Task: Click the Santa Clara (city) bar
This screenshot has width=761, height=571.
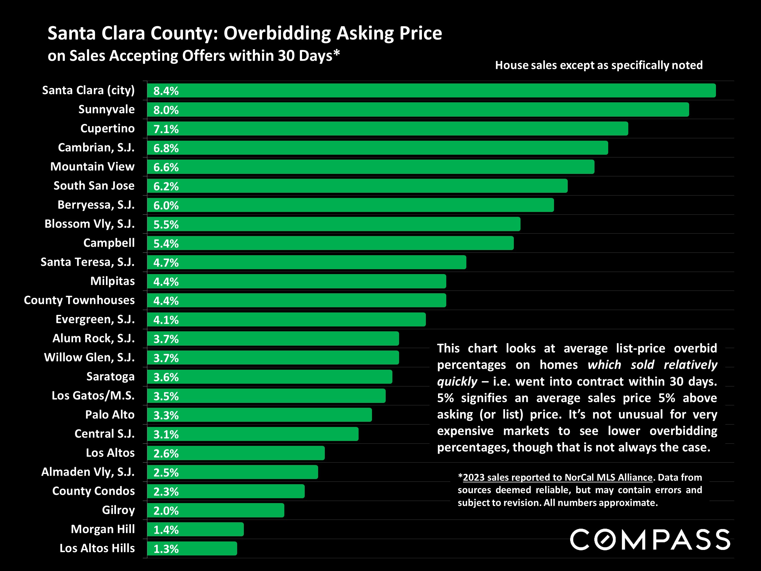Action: (431, 90)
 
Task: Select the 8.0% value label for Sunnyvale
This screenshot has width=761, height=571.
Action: (166, 110)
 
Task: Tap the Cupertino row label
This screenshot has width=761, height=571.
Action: (107, 129)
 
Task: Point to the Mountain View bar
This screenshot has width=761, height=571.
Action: (370, 167)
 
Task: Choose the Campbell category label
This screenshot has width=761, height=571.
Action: (109, 243)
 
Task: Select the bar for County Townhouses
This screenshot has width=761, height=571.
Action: (296, 301)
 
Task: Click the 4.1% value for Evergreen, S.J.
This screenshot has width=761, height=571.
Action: (166, 320)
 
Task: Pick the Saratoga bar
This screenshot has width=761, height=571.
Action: (270, 377)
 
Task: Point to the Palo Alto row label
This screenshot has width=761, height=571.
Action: (110, 415)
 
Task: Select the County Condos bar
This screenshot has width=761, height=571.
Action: (226, 492)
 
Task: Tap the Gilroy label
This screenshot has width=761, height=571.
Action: (118, 510)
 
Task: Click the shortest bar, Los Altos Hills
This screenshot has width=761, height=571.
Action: (192, 549)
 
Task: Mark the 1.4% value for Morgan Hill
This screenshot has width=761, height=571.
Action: (166, 530)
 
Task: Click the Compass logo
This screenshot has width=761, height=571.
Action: (650, 539)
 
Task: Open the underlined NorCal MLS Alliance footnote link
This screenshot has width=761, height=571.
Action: (557, 478)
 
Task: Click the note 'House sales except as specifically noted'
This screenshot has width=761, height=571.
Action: (599, 65)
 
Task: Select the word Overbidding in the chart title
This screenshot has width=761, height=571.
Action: (277, 33)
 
